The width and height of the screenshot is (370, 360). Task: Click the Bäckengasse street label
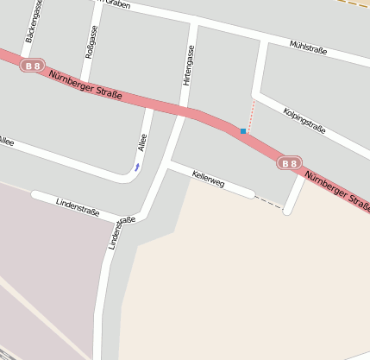(35, 22)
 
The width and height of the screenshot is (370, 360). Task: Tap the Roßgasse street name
(92, 41)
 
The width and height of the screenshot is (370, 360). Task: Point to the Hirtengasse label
(188, 65)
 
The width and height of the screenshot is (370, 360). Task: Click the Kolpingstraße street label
(304, 118)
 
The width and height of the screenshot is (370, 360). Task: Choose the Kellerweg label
(209, 179)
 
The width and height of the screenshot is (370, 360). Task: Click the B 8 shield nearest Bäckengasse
(34, 66)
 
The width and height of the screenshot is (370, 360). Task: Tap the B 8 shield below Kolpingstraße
(289, 162)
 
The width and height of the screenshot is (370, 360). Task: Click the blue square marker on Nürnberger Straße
(243, 131)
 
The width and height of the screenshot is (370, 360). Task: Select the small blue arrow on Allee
(136, 167)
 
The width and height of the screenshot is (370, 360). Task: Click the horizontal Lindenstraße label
(78, 206)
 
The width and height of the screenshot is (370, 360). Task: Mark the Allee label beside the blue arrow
(143, 142)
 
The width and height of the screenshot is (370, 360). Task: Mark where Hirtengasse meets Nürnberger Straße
(183, 111)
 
